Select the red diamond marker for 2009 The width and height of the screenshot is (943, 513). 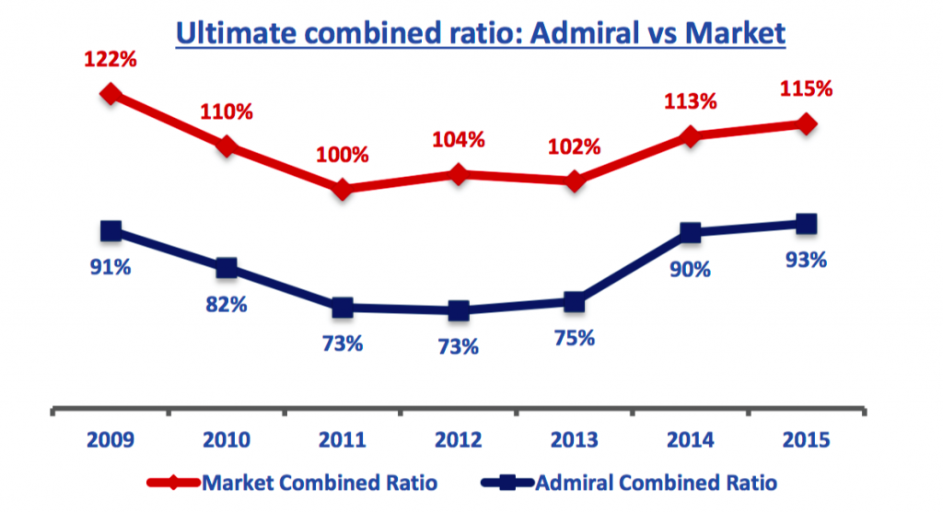tap(111, 93)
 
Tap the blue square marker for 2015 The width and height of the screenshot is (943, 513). tap(806, 223)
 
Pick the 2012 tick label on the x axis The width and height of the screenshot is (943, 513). tap(458, 440)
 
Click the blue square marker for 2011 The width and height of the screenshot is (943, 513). tap(343, 308)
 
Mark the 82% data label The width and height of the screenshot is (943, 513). tap(227, 304)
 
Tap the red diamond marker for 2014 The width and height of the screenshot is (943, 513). tap(690, 136)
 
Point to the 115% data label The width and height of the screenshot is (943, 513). tap(806, 89)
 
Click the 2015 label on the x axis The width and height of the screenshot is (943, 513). tap(805, 440)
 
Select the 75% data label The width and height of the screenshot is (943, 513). tap(574, 338)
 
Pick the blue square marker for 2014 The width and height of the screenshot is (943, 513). tap(690, 233)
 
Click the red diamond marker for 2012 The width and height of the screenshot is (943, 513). tap(459, 173)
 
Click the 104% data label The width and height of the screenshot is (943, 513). tap(459, 139)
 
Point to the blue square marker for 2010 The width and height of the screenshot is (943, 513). tap(227, 268)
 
